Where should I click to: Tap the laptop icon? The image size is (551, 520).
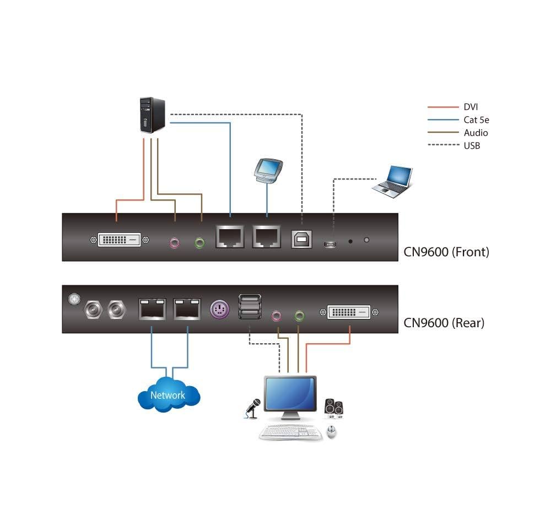point(392,182)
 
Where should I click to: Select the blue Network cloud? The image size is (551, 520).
point(168,394)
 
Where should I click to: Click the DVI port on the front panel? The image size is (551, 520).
point(119,240)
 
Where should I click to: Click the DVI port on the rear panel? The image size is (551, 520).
point(349,312)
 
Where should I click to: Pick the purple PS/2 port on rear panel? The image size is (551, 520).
point(218,308)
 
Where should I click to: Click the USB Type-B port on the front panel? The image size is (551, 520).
point(301,238)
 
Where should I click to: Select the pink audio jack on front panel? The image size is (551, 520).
point(175,242)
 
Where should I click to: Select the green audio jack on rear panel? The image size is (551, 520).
point(299,316)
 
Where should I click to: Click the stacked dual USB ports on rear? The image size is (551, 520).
point(249,306)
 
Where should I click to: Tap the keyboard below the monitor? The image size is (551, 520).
point(291,432)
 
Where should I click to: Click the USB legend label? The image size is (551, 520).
point(472,145)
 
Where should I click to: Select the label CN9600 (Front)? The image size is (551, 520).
point(446,252)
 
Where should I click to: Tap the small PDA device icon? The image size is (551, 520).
point(268,169)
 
